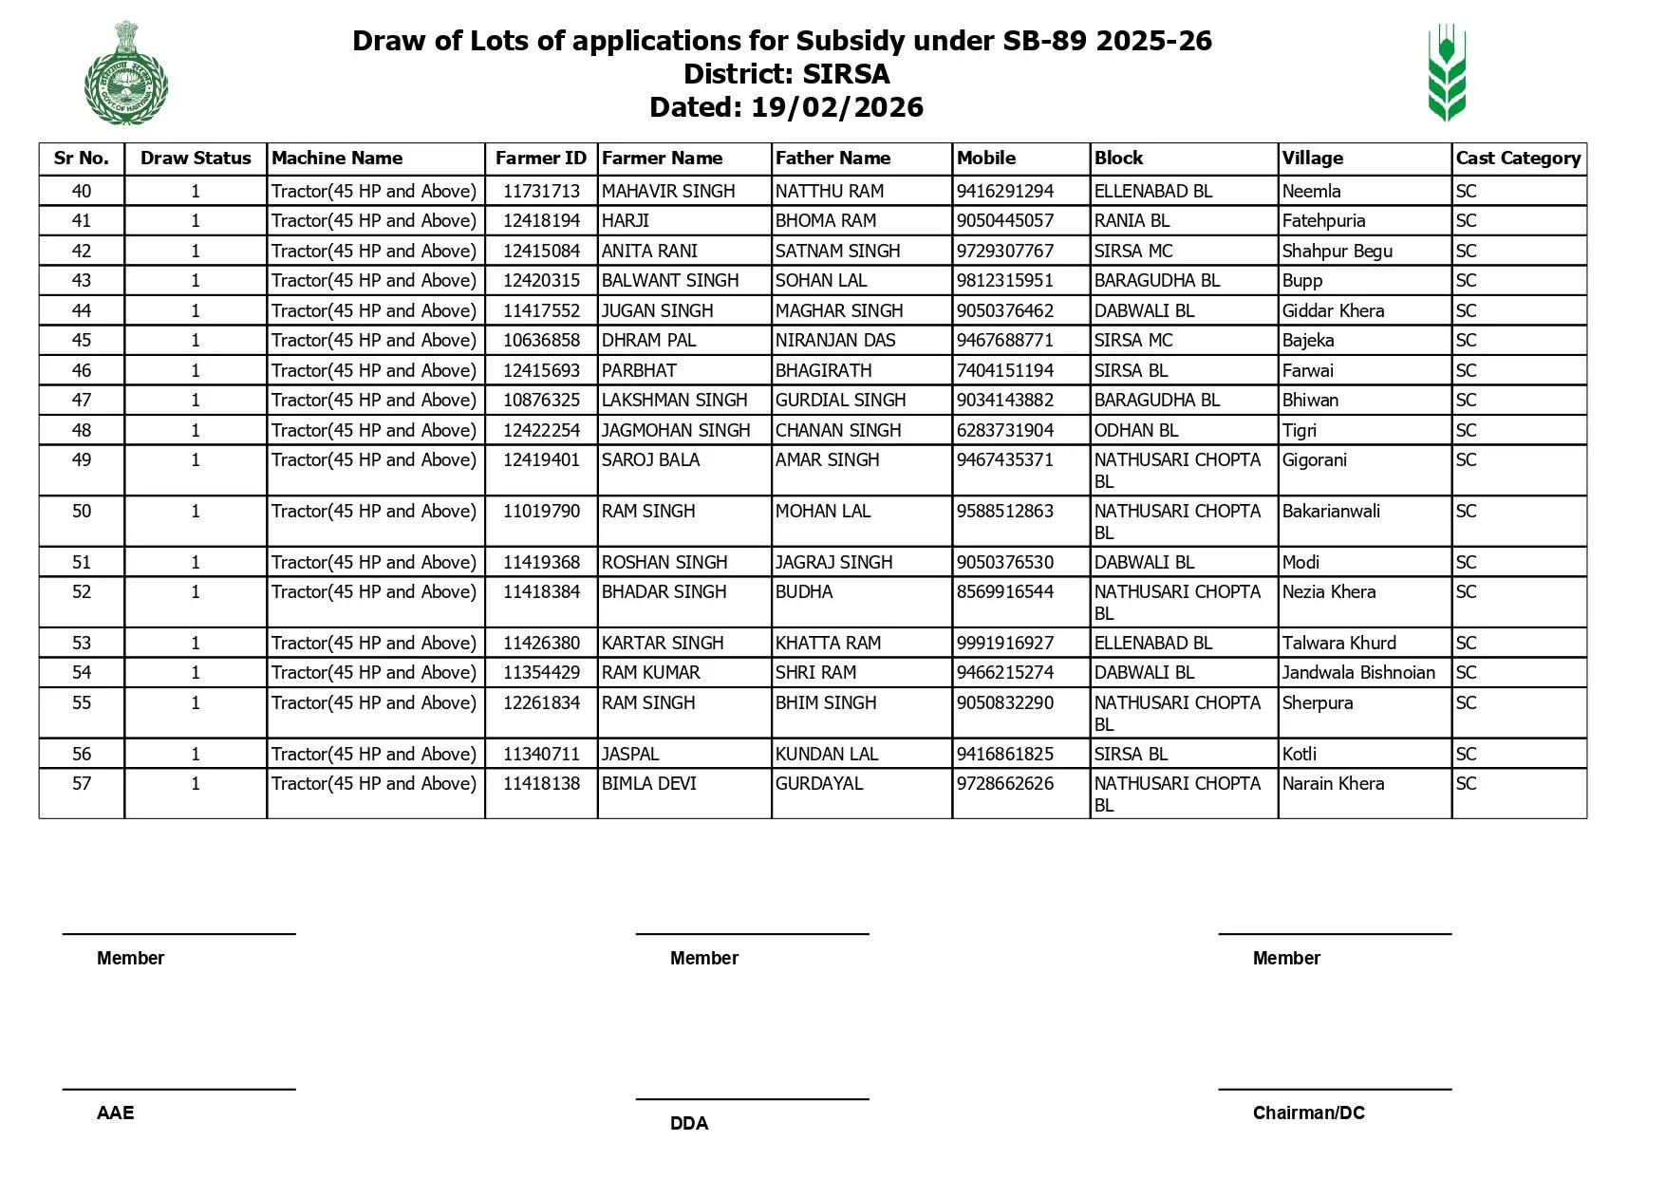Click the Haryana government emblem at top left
[x=125, y=73]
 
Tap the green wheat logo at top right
[x=1447, y=73]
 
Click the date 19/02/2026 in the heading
[x=836, y=107]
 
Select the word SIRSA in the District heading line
[x=846, y=74]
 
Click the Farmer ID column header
[x=541, y=159]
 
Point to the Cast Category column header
[x=1518, y=159]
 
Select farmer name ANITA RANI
[x=649, y=252]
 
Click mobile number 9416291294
[x=1004, y=192]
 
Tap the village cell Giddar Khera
[x=1333, y=311]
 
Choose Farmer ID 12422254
[x=541, y=431]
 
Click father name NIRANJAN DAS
[x=835, y=341]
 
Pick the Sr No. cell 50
[x=82, y=512]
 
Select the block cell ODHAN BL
[x=1135, y=431]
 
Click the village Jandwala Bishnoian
[x=1358, y=673]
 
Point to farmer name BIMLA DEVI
[x=649, y=784]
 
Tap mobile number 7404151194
[x=1004, y=371]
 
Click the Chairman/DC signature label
[x=1308, y=1113]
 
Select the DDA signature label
[x=689, y=1124]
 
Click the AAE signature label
[x=116, y=1113]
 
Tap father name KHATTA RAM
[x=828, y=644]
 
